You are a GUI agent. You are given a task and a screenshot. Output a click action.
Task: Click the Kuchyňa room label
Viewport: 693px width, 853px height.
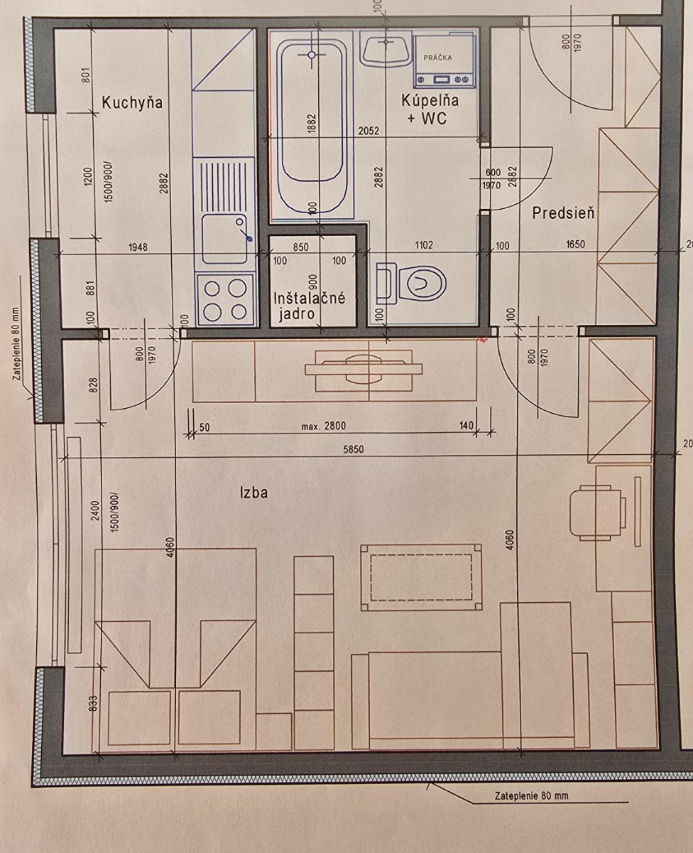[132, 102]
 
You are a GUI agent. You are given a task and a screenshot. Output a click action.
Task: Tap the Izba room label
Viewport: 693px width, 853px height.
[254, 492]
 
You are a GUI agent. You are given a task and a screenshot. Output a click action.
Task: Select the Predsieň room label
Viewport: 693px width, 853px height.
[563, 213]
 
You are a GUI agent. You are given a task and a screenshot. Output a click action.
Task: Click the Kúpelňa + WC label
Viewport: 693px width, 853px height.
[430, 109]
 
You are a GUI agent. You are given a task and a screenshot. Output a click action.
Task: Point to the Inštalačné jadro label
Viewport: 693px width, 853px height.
[309, 306]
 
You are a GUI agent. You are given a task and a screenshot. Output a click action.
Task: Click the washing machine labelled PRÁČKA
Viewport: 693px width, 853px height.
[444, 61]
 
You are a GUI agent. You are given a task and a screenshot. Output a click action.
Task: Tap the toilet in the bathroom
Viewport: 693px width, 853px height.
[410, 283]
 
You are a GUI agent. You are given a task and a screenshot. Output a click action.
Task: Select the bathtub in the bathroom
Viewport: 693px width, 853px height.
[312, 127]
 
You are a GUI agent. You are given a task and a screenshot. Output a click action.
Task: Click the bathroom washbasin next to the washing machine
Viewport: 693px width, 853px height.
[385, 50]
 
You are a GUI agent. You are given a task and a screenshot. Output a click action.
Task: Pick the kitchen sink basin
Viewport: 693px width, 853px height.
[224, 239]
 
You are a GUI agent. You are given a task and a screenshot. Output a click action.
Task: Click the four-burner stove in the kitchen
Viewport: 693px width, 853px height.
[225, 299]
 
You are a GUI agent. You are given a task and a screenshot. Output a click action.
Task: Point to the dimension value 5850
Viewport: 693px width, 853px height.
[354, 449]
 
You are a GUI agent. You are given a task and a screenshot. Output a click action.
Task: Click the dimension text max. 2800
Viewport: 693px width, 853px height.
[324, 426]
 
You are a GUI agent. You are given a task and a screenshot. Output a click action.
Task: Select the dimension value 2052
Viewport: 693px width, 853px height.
[369, 131]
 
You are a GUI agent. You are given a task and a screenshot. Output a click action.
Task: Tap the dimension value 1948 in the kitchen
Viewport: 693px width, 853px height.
[138, 247]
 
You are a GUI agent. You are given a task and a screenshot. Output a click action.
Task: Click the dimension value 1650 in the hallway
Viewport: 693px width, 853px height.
[575, 244]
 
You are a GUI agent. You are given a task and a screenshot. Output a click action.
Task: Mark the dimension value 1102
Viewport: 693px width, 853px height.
[423, 245]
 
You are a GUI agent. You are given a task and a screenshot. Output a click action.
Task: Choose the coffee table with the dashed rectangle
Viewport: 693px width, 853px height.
[421, 577]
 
